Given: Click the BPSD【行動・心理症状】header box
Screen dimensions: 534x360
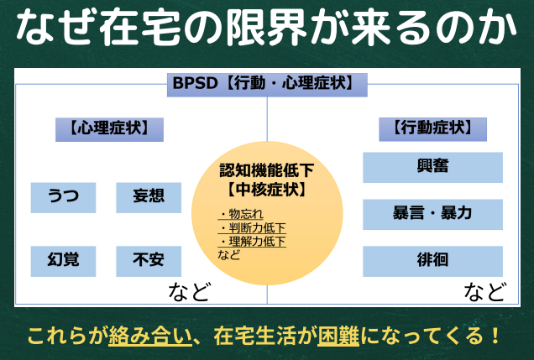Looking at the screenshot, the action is [x=267, y=85].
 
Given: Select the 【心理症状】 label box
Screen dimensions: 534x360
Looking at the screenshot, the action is [x=109, y=129].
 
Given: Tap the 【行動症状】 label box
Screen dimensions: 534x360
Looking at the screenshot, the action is [x=432, y=129].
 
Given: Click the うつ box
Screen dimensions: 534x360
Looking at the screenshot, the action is [x=63, y=198].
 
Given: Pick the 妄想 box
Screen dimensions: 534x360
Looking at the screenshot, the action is [x=149, y=198].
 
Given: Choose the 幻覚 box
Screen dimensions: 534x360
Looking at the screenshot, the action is [x=63, y=261].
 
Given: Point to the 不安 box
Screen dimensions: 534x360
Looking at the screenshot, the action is [x=149, y=261].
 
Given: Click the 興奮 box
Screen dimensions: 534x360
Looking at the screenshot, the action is [x=432, y=167].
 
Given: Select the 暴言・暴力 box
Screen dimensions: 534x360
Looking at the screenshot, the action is [x=432, y=214].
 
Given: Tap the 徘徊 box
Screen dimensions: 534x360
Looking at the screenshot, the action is [x=432, y=261].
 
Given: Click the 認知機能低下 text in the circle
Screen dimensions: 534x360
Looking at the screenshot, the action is [x=267, y=170].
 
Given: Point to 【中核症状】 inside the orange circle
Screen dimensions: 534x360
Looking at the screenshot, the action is [x=267, y=190].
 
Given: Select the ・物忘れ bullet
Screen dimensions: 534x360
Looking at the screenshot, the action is [x=240, y=214].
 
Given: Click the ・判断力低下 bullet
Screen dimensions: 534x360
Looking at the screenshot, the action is [x=252, y=227].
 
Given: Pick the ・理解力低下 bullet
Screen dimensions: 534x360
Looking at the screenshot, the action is [x=252, y=241].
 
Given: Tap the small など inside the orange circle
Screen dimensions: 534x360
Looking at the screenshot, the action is [x=229, y=254].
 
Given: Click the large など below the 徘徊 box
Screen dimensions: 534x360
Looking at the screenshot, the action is [x=484, y=291].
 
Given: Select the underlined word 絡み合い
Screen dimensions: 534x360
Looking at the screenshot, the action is [x=150, y=336].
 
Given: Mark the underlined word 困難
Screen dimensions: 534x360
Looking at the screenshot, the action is [x=338, y=336].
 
